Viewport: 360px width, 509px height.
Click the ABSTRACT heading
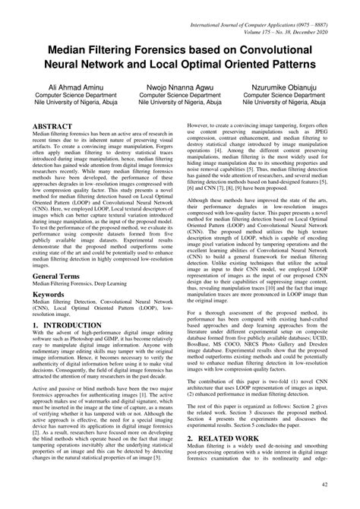click(x=52, y=125)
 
